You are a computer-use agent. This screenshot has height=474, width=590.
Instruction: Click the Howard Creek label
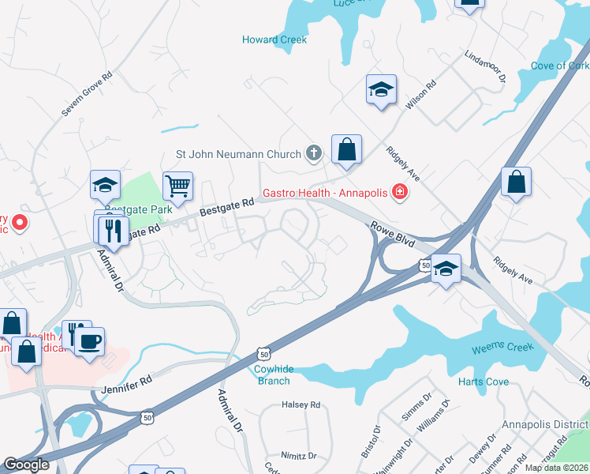[x=274, y=39]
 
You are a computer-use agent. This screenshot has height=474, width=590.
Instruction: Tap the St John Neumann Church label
[x=238, y=154]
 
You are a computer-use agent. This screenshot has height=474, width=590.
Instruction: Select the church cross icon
[x=314, y=153]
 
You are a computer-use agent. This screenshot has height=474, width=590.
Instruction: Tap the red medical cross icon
[x=400, y=191]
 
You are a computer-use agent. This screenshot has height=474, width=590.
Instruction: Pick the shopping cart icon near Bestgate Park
[x=178, y=186]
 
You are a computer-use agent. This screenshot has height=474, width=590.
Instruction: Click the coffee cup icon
[x=89, y=341]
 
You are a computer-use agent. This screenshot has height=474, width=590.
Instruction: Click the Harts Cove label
[x=484, y=382]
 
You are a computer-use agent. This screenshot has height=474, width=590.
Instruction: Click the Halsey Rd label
[x=301, y=404]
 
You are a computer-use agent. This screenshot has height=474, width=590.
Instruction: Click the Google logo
[x=27, y=465]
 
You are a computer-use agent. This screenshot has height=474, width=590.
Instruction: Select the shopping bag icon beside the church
[x=346, y=149]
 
